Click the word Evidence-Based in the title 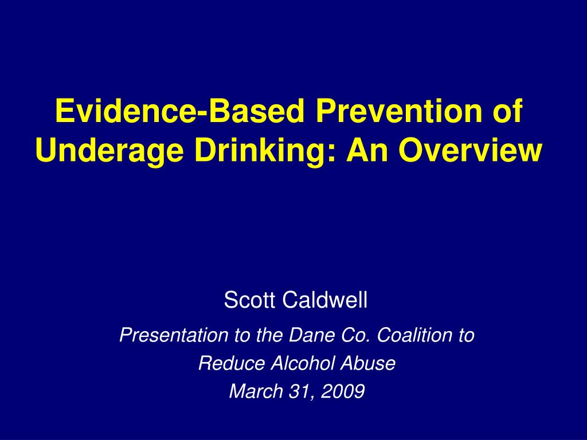pos(179,111)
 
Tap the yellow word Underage pos(109,151)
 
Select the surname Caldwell pos(325,300)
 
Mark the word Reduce pos(232,363)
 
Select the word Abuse pos(368,363)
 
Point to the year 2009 pos(343,391)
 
